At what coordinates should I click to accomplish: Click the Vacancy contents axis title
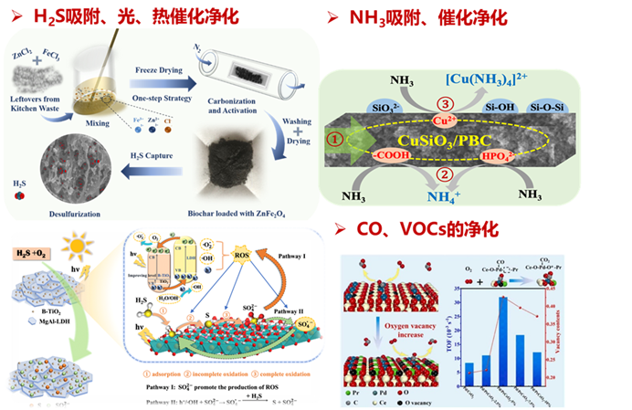pos(613,314)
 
